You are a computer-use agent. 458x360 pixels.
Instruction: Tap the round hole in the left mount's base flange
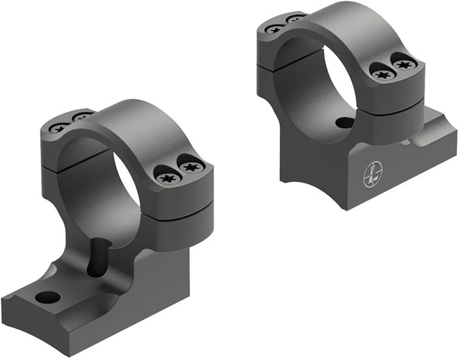pos(48,297)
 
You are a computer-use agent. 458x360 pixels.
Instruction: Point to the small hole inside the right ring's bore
pos(345,123)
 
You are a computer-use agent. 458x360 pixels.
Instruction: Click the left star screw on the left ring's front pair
pos(166,177)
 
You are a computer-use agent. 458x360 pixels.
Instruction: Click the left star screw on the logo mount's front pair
pos(381,74)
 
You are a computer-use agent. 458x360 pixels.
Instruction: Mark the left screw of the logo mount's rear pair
pos(275,28)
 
